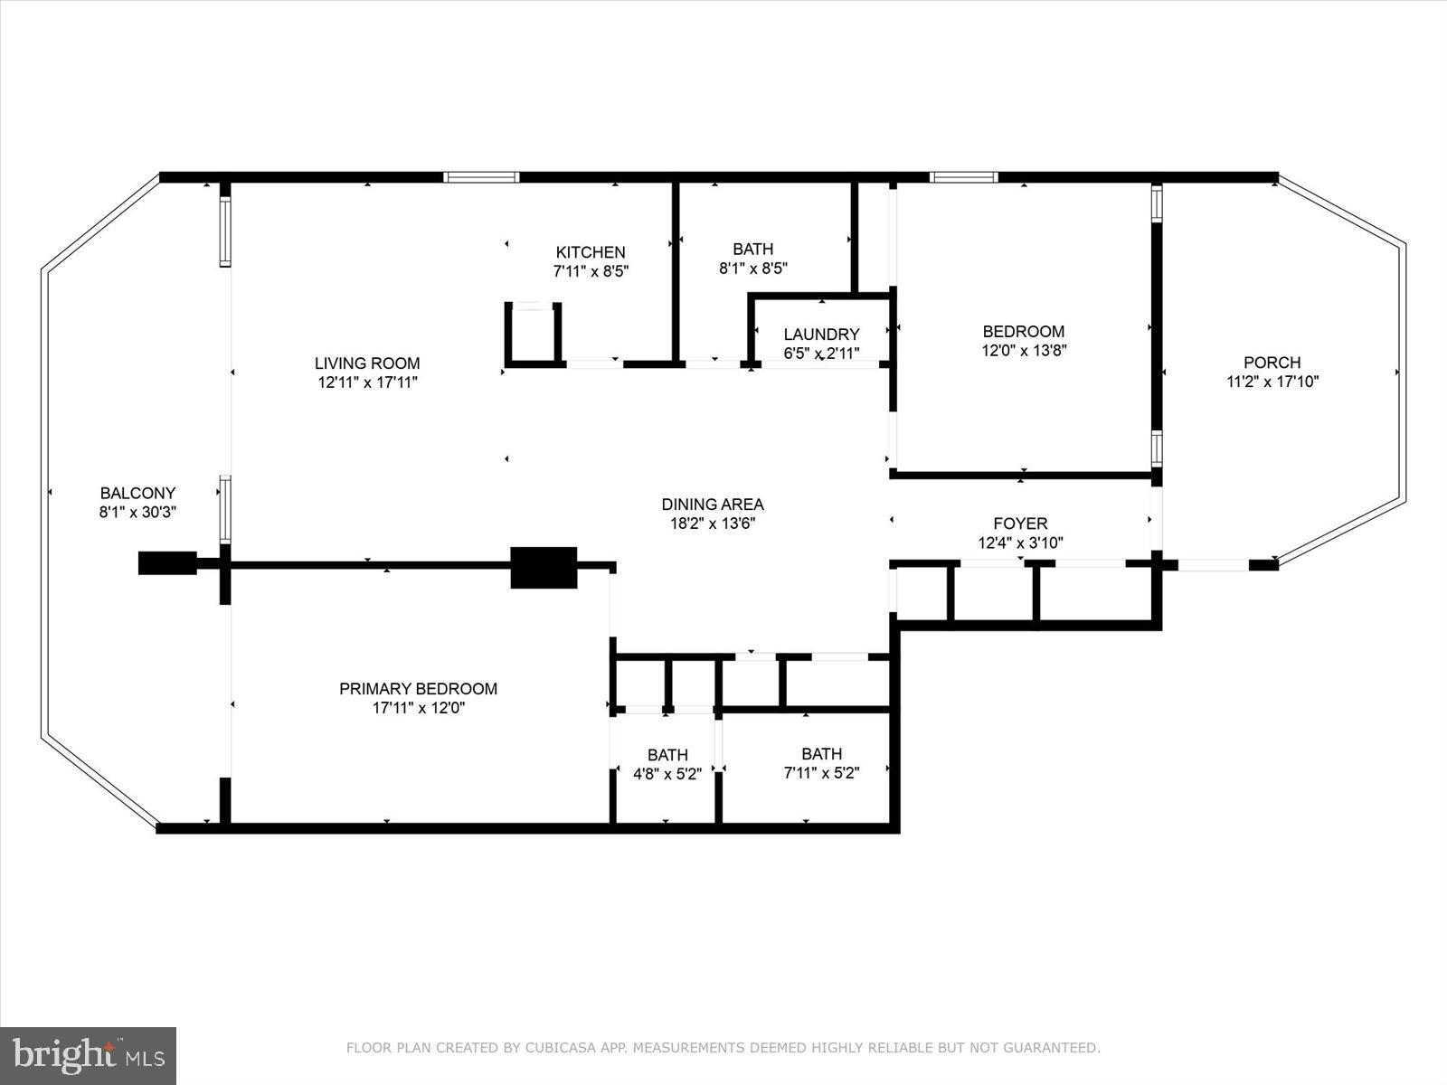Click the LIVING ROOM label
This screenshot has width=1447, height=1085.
(367, 363)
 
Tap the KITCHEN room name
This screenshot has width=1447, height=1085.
(590, 252)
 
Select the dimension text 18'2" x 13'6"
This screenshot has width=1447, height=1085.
(713, 524)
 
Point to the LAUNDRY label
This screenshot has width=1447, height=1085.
(821, 335)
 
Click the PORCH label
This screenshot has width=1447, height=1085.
(1272, 363)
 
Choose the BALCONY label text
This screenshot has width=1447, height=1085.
(137, 494)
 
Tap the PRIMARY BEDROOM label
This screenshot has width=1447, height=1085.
(418, 689)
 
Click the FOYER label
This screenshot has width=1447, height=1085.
(1020, 524)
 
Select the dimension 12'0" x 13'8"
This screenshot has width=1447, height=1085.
(1024, 350)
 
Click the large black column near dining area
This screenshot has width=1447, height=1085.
(544, 568)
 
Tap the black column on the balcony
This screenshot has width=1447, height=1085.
(167, 562)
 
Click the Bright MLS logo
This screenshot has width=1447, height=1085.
(88, 1055)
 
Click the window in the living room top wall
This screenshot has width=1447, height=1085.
(481, 177)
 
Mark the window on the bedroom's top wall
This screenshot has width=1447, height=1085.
(964, 177)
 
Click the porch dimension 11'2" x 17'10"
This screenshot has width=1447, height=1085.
(1272, 382)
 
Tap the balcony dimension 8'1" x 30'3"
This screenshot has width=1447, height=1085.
(137, 512)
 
